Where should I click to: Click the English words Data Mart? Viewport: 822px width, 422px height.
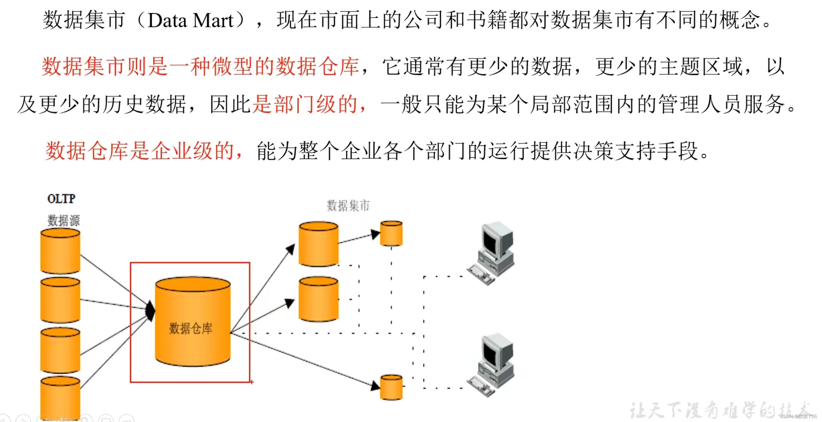click(191, 20)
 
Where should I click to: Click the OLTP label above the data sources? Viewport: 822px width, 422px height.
click(61, 199)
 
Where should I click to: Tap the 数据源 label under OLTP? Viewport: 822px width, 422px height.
click(64, 220)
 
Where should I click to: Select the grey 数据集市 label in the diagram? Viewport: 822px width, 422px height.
click(348, 206)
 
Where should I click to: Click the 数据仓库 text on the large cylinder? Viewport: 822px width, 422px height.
click(191, 328)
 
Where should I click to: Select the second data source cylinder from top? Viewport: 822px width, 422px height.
click(60, 300)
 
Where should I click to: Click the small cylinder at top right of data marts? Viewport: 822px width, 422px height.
click(391, 233)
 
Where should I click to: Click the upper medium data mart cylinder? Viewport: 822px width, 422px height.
click(318, 244)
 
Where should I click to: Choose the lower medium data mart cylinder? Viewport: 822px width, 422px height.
click(318, 299)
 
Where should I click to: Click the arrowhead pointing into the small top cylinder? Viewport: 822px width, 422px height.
click(375, 234)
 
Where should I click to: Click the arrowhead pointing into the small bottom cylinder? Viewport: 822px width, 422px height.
click(375, 385)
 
